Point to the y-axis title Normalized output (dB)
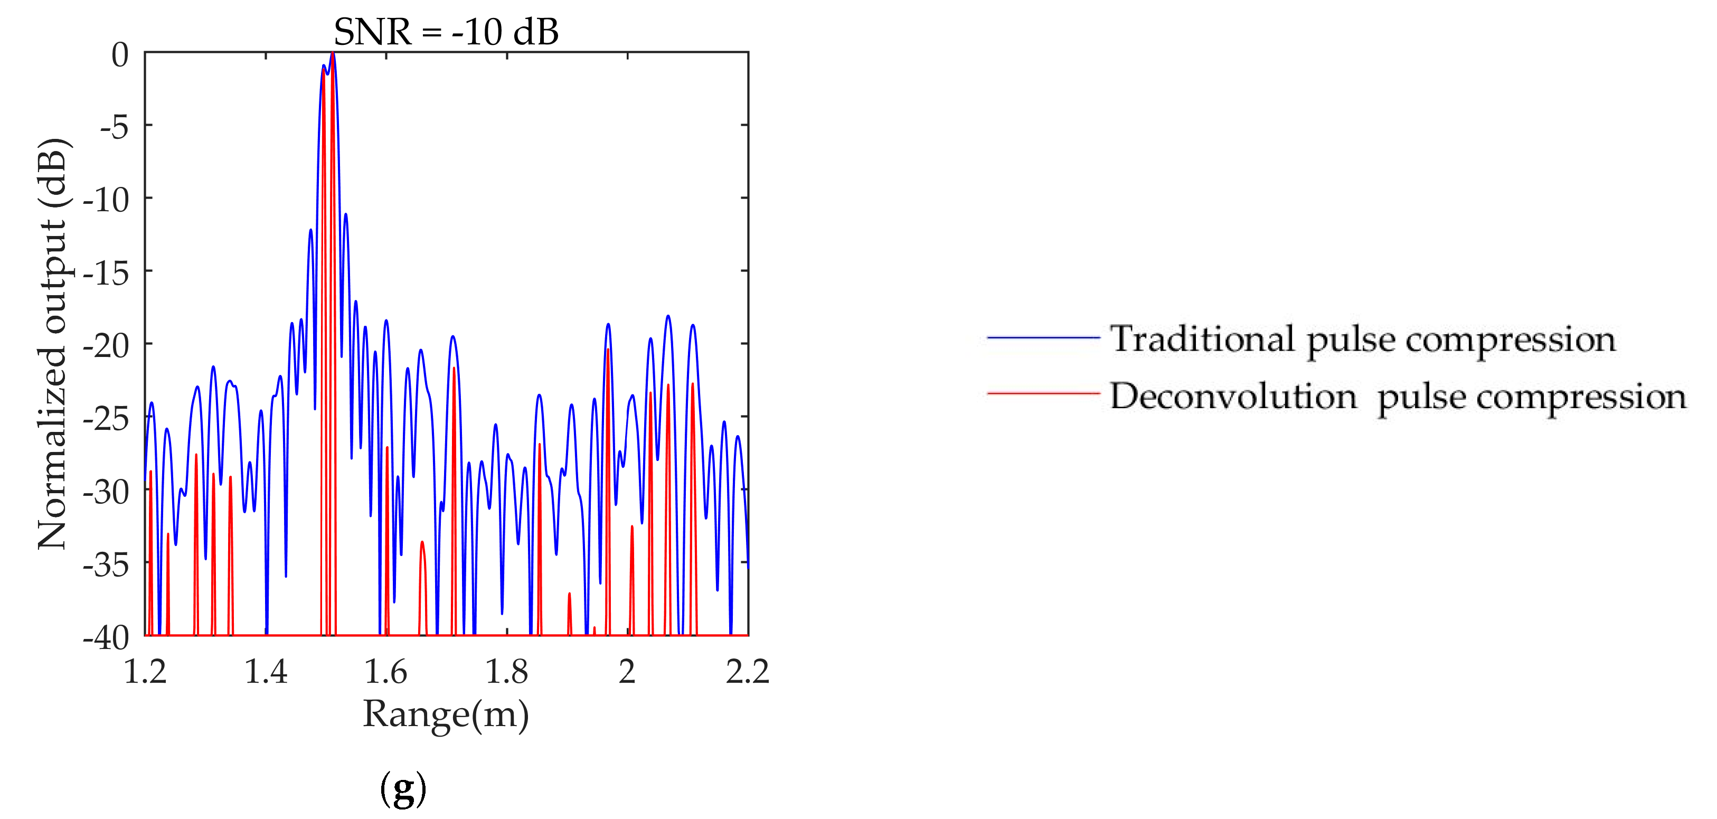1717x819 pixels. (x=53, y=344)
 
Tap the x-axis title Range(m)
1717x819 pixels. (x=446, y=715)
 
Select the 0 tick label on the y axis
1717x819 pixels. (x=120, y=54)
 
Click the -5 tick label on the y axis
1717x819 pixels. (x=114, y=127)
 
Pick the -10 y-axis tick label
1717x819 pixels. (x=106, y=199)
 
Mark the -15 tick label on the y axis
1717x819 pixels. (x=106, y=272)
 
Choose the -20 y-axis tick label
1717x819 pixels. (x=106, y=345)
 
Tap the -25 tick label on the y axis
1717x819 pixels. (x=106, y=419)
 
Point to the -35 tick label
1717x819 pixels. (x=106, y=565)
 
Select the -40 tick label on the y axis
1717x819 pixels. (x=106, y=638)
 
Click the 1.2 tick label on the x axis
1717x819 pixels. (x=145, y=671)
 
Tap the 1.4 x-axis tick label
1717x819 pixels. (x=266, y=671)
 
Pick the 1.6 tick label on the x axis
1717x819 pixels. (x=386, y=671)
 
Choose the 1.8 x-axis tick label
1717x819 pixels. (x=506, y=671)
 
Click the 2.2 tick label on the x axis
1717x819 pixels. (x=747, y=671)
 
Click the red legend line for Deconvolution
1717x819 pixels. (x=1043, y=394)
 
